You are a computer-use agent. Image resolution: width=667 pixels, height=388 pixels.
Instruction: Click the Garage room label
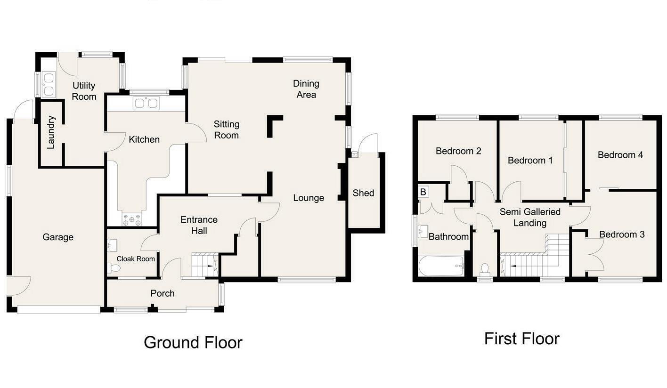[58, 237]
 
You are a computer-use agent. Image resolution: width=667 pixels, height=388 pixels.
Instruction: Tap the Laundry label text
[51, 132]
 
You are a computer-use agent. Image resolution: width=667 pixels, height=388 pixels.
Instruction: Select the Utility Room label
[84, 91]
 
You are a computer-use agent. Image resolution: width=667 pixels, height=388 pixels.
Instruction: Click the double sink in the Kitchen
[146, 103]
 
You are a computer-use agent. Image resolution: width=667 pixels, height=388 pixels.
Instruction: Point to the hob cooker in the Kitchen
[132, 219]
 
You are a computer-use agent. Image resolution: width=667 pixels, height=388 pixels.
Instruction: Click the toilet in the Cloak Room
[114, 268]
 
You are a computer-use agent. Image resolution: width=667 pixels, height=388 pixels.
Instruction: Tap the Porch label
[163, 293]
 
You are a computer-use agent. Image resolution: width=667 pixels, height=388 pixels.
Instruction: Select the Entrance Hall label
[199, 225]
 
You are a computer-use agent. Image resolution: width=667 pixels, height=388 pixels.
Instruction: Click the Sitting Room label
[226, 130]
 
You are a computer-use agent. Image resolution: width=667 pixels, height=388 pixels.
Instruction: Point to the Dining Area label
[306, 89]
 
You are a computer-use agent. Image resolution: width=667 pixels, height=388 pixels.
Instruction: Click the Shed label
[363, 193]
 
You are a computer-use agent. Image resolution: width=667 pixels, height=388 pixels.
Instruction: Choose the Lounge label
[309, 198]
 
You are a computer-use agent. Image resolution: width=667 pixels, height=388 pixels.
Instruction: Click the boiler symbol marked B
[423, 192]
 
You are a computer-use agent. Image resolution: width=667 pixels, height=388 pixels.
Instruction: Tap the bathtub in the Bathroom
[441, 266]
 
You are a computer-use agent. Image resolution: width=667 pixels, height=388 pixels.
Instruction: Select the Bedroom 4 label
[620, 155]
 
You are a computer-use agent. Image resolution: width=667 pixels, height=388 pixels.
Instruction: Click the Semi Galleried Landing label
[530, 218]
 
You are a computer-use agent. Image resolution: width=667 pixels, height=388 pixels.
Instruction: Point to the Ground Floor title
[193, 342]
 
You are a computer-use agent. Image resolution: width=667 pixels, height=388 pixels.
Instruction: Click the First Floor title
[522, 339]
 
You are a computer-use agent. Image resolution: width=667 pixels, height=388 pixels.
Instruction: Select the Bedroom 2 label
[458, 151]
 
